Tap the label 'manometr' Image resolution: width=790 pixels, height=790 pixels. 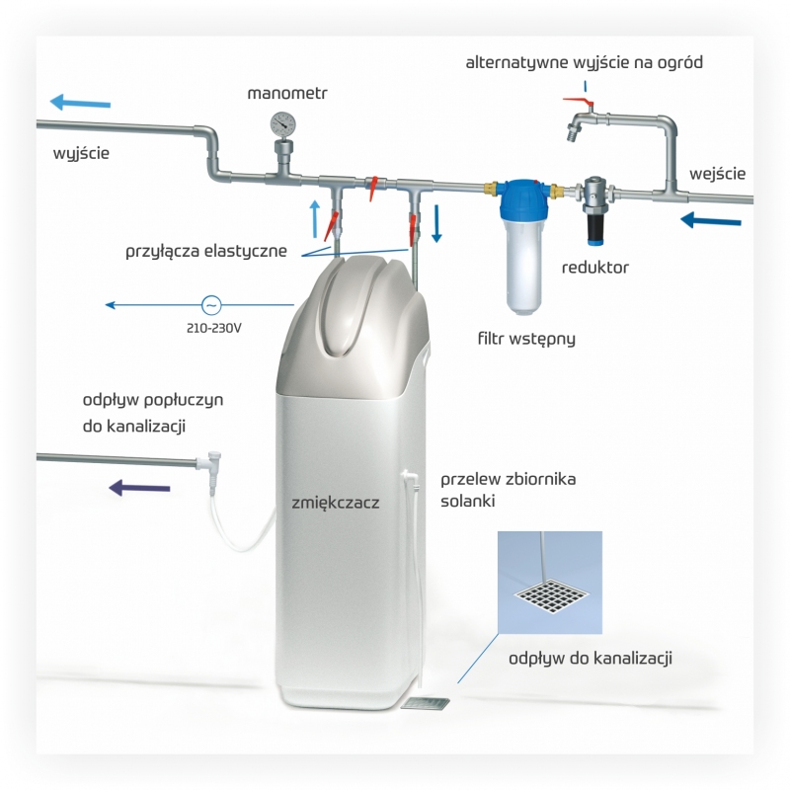287,93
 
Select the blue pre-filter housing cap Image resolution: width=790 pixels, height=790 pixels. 524,197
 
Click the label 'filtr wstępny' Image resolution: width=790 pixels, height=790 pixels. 526,338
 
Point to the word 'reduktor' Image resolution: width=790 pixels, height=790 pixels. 595,267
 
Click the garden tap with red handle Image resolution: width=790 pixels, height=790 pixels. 580,119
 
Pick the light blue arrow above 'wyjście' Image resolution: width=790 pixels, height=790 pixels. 80,103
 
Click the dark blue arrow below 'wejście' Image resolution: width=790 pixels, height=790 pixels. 710,220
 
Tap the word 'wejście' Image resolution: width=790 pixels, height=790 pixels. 718,174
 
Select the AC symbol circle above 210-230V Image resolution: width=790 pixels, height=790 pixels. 211,305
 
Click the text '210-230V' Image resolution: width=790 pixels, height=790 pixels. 213,328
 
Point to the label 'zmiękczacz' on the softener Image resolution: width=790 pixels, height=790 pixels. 336,503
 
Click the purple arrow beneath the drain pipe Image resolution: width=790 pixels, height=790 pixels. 139,487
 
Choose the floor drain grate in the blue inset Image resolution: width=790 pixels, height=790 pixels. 551,597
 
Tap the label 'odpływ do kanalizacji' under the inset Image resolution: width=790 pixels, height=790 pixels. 591,658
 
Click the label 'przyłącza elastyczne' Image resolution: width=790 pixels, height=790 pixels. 206,251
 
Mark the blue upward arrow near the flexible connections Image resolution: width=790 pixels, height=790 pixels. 315,218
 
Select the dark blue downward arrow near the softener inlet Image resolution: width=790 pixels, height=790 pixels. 436,223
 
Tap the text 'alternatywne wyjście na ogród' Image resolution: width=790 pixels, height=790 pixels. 584,62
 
